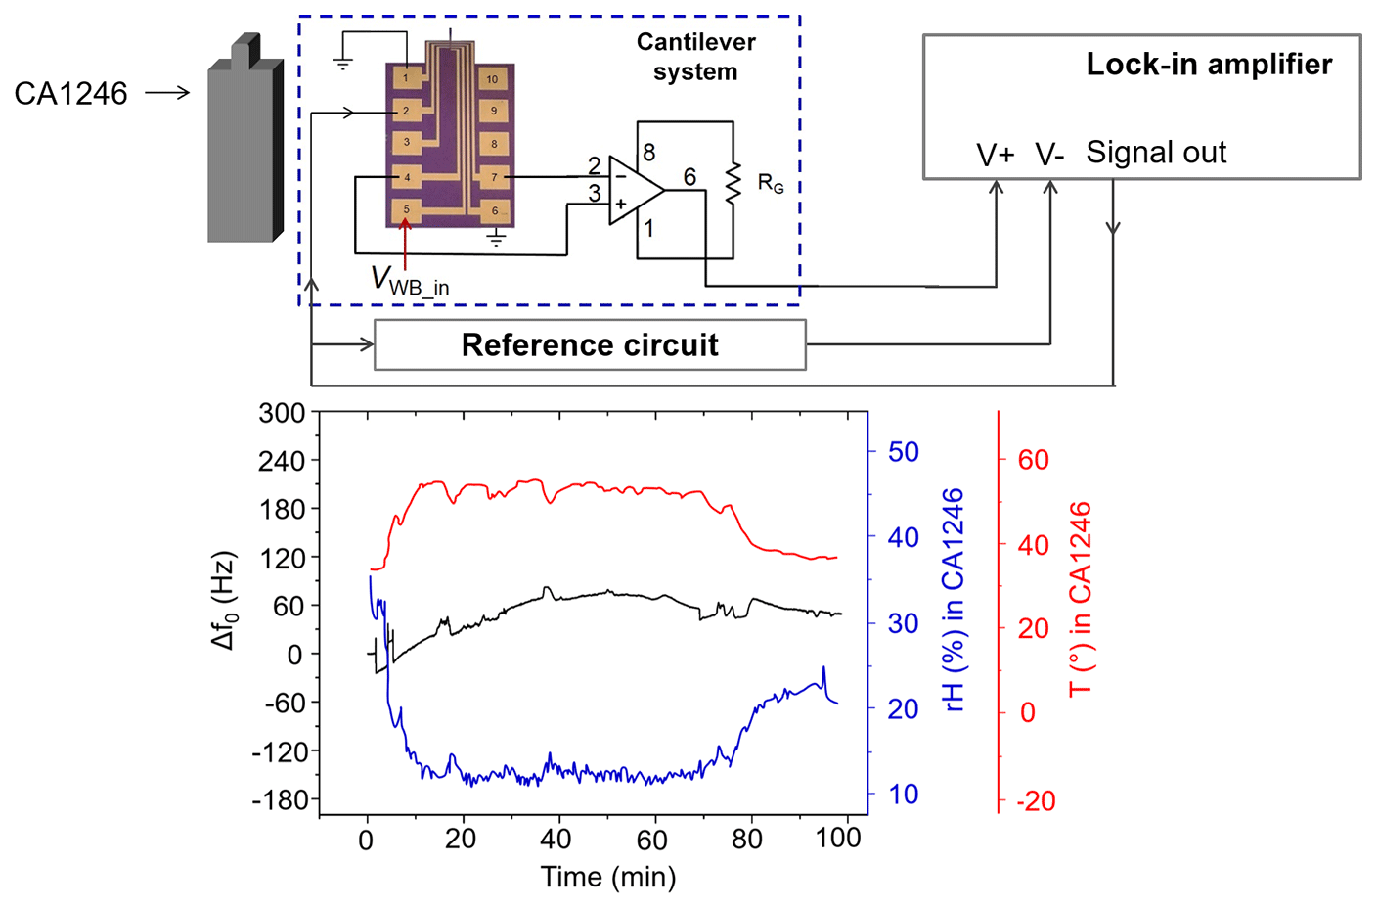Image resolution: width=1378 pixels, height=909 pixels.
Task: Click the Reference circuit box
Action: tap(590, 345)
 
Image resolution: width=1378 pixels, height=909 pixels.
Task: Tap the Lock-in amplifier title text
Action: tap(1209, 65)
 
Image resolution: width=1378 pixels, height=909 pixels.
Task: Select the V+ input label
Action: tap(996, 155)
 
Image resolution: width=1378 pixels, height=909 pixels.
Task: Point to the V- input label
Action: tap(1048, 155)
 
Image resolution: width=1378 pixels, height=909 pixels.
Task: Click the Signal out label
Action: tap(1156, 153)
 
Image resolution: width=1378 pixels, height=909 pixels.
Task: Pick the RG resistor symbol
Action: tap(732, 183)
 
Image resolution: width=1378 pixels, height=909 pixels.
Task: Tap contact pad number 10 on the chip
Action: tap(492, 79)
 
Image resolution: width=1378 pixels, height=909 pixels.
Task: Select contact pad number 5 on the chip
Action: tap(407, 209)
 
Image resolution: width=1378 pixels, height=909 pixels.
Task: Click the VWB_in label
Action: tap(410, 281)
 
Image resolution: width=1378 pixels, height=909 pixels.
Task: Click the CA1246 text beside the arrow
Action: tap(70, 94)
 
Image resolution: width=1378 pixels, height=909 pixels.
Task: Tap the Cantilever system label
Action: tap(695, 57)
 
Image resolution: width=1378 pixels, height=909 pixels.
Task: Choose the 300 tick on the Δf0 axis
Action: tap(282, 413)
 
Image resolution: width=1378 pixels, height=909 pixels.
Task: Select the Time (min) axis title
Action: tap(608, 877)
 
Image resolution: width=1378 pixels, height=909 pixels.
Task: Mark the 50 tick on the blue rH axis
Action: tap(903, 452)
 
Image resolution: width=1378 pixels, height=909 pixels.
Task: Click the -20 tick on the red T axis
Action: tap(1036, 801)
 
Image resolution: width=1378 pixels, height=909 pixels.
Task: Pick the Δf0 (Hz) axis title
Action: tap(225, 601)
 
